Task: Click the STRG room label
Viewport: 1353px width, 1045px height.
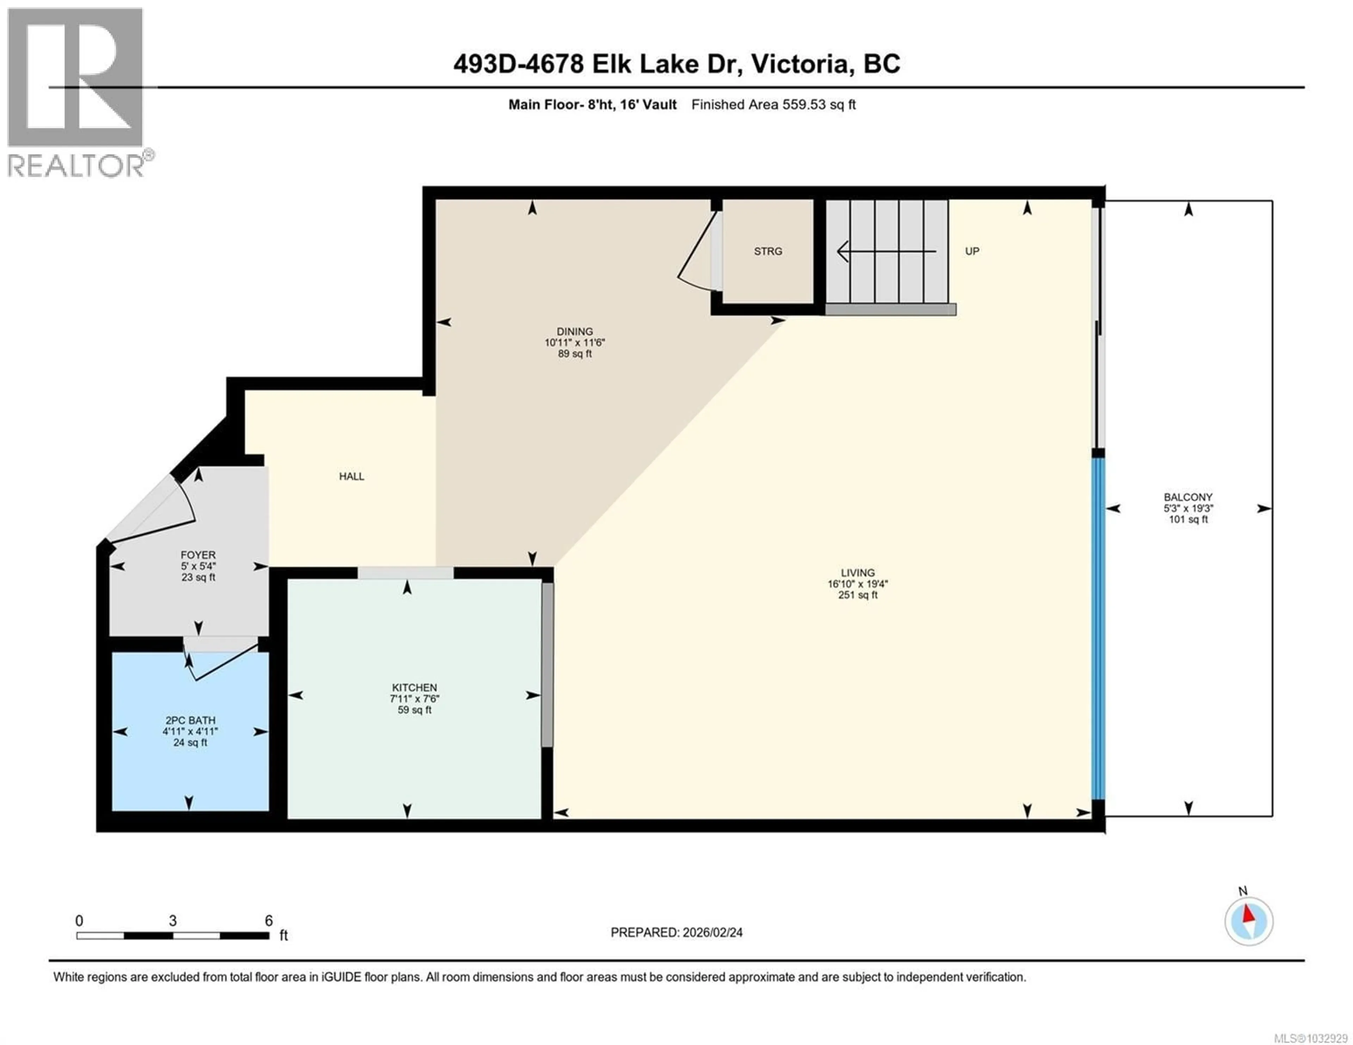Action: (x=767, y=251)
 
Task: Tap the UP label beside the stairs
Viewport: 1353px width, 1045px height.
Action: (x=972, y=251)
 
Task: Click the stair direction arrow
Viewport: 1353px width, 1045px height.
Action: (x=886, y=251)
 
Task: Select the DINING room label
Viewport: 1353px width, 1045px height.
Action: (x=574, y=331)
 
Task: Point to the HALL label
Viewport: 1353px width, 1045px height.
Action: (x=351, y=476)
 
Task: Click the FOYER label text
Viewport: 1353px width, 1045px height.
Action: (x=198, y=555)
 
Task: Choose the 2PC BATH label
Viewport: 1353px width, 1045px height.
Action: (x=190, y=720)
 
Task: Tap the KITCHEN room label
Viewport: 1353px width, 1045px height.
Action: (x=414, y=688)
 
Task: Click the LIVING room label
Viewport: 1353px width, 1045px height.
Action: (x=857, y=573)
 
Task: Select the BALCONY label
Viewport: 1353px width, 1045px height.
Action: (x=1188, y=497)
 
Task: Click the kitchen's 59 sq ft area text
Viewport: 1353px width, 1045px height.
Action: (x=414, y=710)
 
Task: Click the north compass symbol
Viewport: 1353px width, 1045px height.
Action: (x=1248, y=921)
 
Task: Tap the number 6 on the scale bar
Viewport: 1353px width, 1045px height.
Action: (x=268, y=920)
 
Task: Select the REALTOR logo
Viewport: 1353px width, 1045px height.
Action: (x=76, y=93)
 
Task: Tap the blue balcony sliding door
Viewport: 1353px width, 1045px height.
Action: (x=1098, y=629)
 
